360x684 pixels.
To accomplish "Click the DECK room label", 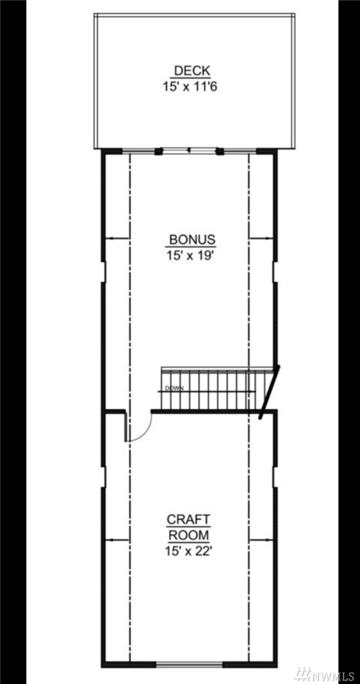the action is pyautogui.click(x=192, y=71).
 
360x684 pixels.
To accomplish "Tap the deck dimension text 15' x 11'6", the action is pyautogui.click(x=190, y=87).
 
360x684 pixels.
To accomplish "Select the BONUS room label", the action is pyautogui.click(x=193, y=239).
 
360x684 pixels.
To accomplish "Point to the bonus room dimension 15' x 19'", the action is pyautogui.click(x=189, y=255).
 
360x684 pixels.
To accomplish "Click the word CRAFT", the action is pyautogui.click(x=189, y=519).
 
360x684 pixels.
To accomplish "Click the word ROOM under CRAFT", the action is pyautogui.click(x=189, y=535).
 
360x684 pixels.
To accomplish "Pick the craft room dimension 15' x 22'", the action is pyautogui.click(x=188, y=551).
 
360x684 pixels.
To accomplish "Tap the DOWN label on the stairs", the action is pyautogui.click(x=174, y=389).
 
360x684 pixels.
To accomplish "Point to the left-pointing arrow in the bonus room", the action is pyautogui.click(x=117, y=238).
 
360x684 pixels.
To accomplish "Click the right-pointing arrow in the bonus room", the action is pyautogui.click(x=260, y=238).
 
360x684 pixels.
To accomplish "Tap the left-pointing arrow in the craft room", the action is pyautogui.click(x=117, y=540).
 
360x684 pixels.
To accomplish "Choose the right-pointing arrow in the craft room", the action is pyautogui.click(x=260, y=540).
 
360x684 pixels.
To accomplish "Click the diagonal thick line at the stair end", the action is pyautogui.click(x=269, y=392).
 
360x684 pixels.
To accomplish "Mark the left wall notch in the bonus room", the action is pyautogui.click(x=104, y=272).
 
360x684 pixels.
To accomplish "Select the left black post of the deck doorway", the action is pyautogui.click(x=158, y=151).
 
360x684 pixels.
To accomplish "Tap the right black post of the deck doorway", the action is pyautogui.click(x=220, y=151).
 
